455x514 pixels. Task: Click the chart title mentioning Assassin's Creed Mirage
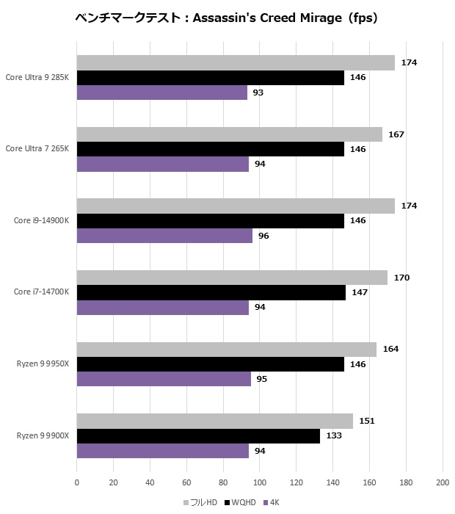tap(227, 18)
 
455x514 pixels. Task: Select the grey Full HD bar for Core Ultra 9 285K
tap(236, 63)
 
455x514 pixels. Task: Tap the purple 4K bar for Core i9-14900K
tap(164, 236)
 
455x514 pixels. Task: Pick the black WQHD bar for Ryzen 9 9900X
tap(198, 436)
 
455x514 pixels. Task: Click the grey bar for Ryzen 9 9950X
tap(227, 350)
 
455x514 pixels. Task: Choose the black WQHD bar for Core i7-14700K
tap(211, 292)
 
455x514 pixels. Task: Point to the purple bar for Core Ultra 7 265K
tap(163, 164)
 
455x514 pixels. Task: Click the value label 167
tap(396, 134)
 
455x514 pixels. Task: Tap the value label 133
tap(334, 436)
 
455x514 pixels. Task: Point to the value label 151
tap(367, 421)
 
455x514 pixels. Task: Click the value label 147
tap(360, 292)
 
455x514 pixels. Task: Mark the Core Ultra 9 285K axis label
tap(37, 77)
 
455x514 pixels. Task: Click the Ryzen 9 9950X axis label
tap(42, 364)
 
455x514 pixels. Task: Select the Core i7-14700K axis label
tap(41, 292)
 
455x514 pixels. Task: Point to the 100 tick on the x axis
tap(259, 482)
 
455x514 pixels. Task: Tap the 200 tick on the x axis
tap(442, 482)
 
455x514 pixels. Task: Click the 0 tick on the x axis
tap(77, 482)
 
